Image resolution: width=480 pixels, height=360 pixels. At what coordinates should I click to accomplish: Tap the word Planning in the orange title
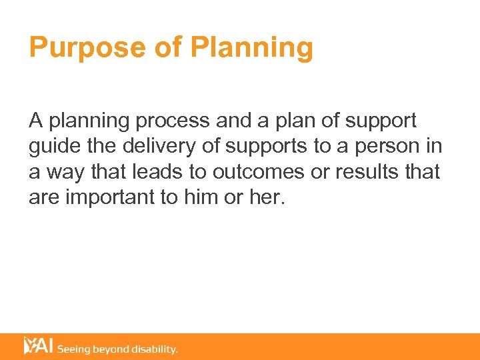(251, 48)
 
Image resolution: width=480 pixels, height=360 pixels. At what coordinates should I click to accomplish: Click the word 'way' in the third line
(64, 172)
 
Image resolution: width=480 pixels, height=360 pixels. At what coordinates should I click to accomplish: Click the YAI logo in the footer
(38, 346)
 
